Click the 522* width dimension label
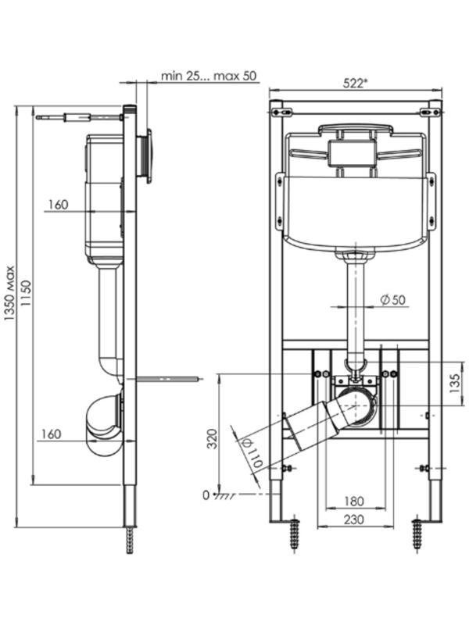point(356,83)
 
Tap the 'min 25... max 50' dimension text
point(209,76)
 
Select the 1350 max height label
point(9,293)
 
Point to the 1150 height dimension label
point(26,293)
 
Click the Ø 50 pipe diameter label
point(393,300)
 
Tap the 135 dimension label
point(455,383)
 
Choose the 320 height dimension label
point(213,438)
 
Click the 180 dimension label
point(353,501)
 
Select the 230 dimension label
point(353,519)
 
